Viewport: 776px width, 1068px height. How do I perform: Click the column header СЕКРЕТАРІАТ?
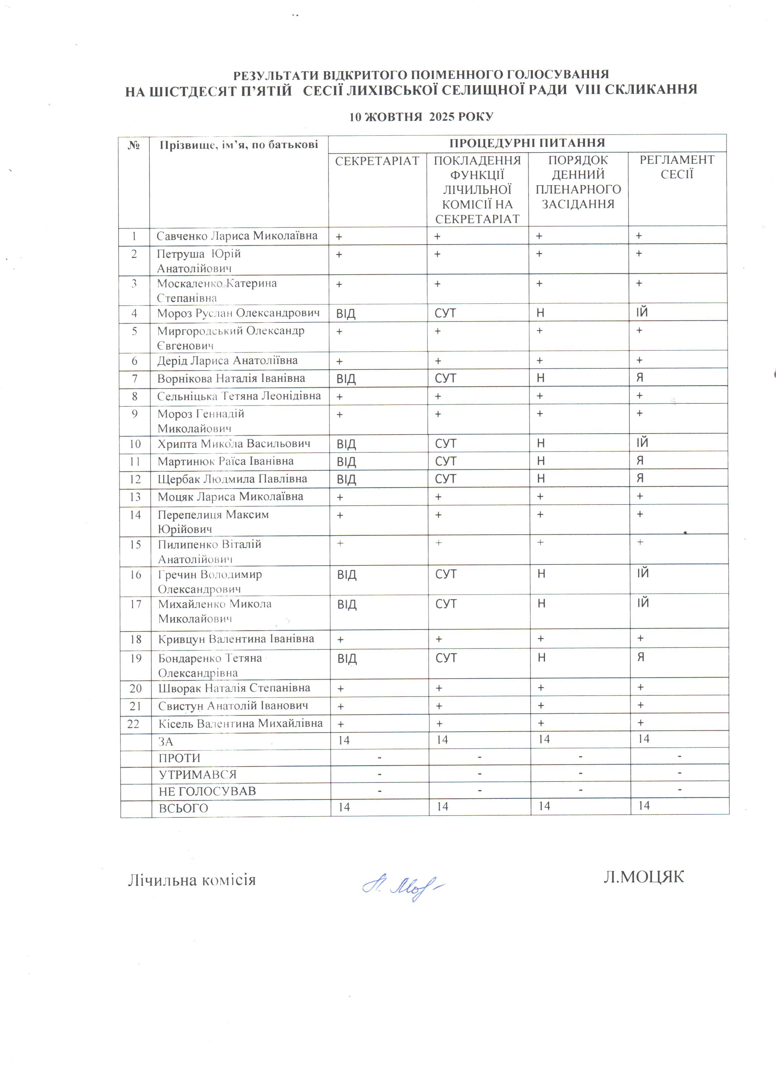pos(377,161)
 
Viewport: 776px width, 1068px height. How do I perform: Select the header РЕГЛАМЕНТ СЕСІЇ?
pos(677,167)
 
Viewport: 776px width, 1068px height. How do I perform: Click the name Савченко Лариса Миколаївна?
pos(237,236)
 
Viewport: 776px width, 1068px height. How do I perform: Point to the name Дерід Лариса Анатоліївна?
pos(227,361)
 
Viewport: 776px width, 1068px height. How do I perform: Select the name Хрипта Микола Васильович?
pos(234,444)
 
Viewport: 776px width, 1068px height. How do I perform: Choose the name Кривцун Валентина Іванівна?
pos(236,639)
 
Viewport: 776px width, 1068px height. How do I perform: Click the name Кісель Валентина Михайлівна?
pos(240,723)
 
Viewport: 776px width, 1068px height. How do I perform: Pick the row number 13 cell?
pos(135,497)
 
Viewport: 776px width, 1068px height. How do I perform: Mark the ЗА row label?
pos(166,742)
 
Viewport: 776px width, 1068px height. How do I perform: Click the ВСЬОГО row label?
pos(183,808)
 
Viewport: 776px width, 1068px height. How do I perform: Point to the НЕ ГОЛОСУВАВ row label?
pos(207,791)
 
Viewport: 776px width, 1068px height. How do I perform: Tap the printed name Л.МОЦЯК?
pos(643,877)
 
